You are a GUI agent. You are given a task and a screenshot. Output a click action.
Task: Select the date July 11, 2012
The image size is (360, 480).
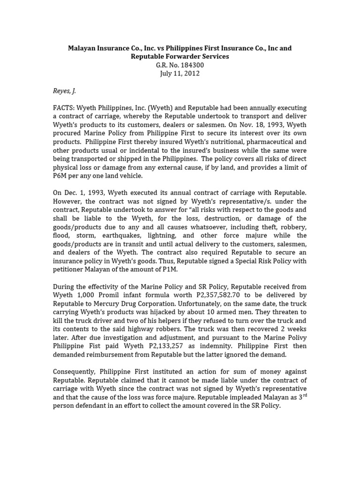tap(180, 74)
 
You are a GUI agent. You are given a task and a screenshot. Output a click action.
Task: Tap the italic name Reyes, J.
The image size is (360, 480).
tap(64, 90)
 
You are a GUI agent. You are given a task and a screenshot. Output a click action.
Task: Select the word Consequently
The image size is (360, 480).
tap(75, 372)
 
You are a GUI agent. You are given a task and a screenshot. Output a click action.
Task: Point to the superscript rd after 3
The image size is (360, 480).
tap(304, 395)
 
